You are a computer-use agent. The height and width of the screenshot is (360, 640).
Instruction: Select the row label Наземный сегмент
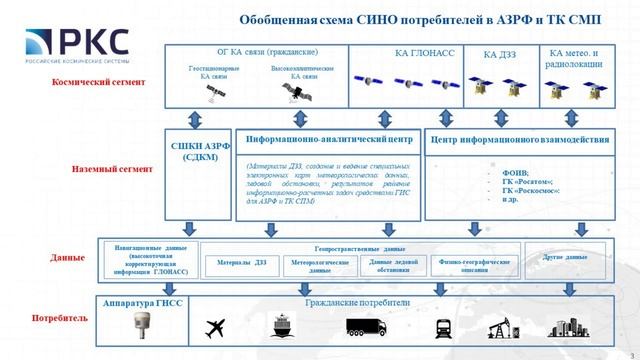[x=99, y=170]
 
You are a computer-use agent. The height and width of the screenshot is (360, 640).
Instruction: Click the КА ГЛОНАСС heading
[x=397, y=52]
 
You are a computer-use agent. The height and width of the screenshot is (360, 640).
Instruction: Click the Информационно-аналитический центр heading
[x=329, y=140]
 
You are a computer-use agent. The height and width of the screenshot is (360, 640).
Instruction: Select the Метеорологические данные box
[x=319, y=266]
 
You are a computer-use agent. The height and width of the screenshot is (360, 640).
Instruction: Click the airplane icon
[x=216, y=327]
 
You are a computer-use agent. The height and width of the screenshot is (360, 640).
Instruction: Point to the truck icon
[x=365, y=327]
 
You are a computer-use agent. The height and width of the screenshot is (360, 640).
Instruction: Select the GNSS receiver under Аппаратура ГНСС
[x=140, y=326]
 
